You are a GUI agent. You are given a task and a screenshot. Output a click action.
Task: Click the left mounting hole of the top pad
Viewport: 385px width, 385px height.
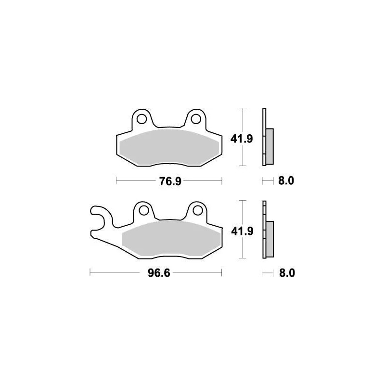coord(141,118)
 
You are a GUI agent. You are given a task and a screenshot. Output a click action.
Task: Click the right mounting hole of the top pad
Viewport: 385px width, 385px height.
coord(195,118)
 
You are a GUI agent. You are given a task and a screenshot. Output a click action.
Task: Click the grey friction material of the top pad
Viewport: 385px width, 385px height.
coord(168,146)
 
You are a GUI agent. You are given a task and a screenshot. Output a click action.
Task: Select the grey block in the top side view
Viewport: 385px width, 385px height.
coord(269,146)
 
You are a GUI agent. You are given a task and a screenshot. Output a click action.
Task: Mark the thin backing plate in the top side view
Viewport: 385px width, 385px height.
coord(264,137)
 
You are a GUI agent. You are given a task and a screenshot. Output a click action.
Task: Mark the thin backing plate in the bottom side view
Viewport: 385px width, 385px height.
coord(264,230)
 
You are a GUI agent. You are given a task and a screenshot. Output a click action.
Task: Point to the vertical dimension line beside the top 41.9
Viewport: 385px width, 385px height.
coord(244,137)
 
